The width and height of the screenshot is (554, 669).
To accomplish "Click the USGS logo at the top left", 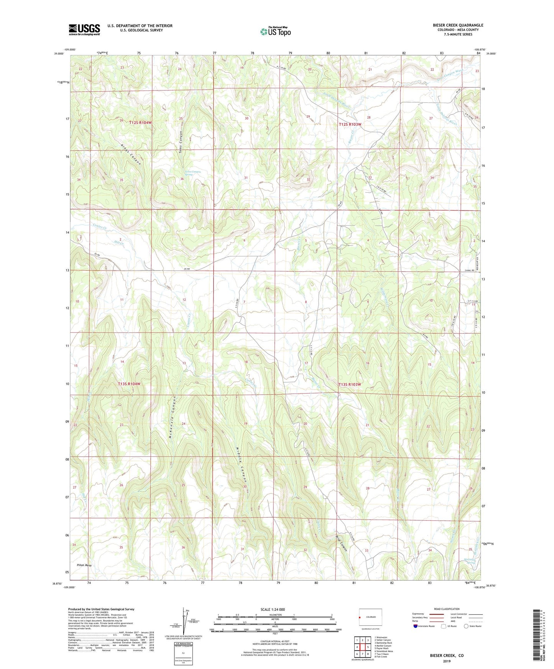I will tap(84, 29).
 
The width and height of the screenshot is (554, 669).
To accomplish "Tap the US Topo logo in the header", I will tap(275, 31).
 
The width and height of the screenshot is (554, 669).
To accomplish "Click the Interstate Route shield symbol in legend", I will tap(416, 626).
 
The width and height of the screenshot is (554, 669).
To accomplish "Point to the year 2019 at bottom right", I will tap(447, 661).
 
